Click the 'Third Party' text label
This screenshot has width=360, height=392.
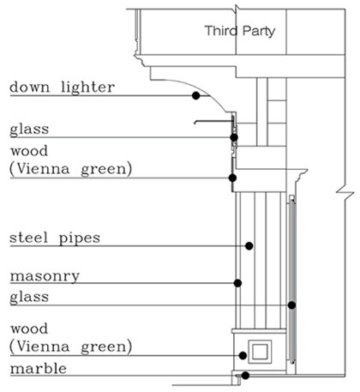coord(240,31)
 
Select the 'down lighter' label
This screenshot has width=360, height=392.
coord(62,87)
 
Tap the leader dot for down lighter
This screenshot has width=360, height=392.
coord(195,95)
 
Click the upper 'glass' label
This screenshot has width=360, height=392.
coord(29,130)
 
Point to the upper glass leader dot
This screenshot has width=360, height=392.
coord(234,137)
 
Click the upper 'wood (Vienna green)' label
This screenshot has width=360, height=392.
coord(71,160)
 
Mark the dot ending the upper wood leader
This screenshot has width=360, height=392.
coord(232,178)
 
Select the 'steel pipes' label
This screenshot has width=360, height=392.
coord(55,238)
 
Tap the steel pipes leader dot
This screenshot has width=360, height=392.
coord(249,245)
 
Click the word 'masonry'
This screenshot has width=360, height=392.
coord(45,276)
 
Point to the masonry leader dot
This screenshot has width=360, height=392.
coord(237,283)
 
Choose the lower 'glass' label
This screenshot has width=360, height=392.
coord(29,298)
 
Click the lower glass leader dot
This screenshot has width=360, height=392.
coord(291,305)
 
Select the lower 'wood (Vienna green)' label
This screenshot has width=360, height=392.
coord(71,339)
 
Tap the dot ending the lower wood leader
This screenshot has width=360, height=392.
coord(243,356)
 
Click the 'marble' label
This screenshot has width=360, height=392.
coord(39,369)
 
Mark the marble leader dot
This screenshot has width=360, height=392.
coord(245,376)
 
